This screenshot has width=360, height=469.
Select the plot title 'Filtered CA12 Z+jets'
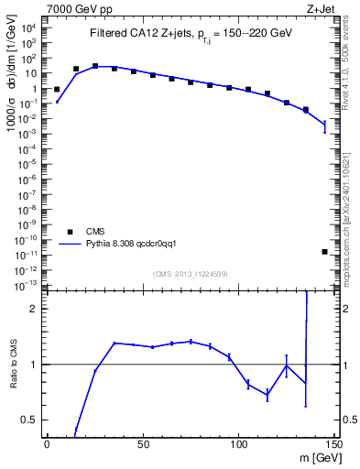[129, 34]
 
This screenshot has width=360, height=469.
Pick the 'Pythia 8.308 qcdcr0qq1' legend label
[137, 245]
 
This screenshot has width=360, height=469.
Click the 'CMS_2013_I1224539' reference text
[191, 274]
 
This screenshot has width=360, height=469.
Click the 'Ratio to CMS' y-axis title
[14, 364]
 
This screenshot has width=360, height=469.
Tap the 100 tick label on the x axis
[238, 443]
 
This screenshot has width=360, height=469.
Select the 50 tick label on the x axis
[142, 443]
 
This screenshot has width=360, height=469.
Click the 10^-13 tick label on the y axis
[27, 284]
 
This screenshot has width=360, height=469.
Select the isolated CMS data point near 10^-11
[325, 252]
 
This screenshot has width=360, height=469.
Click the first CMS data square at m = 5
[57, 90]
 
